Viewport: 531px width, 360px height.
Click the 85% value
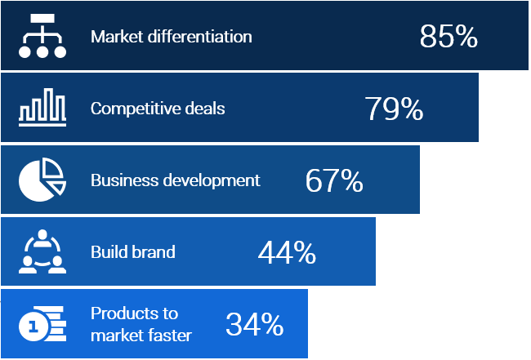pyautogui.click(x=448, y=37)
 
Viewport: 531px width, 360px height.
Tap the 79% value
pyautogui.click(x=394, y=109)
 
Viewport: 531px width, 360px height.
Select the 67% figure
pyautogui.click(x=334, y=180)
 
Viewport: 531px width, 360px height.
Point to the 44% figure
pyautogui.click(x=287, y=252)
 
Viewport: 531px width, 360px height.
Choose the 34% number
pyautogui.click(x=254, y=324)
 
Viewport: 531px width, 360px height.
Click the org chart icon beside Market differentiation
pyautogui.click(x=42, y=37)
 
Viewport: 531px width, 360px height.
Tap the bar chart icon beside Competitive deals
pyautogui.click(x=42, y=108)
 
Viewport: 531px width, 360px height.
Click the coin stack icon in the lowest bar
pyautogui.click(x=42, y=325)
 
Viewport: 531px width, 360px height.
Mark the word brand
pyautogui.click(x=154, y=251)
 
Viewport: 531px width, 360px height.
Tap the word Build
pyautogui.click(x=108, y=251)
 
